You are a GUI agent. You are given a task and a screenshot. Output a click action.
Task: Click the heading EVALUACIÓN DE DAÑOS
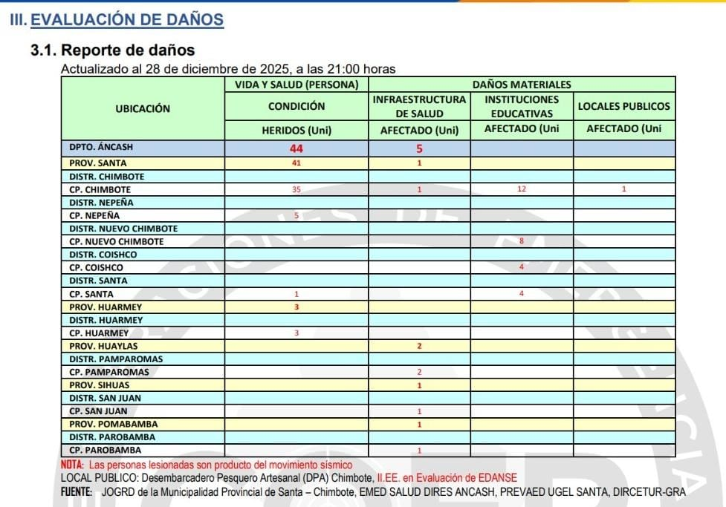[127, 20]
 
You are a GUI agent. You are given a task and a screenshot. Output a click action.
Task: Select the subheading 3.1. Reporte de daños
[112, 50]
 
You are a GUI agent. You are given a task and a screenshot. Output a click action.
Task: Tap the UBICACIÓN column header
[143, 108]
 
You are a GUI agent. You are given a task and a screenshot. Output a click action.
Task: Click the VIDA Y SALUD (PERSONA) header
[296, 85]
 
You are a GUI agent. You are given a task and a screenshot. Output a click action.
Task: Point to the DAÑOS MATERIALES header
[522, 85]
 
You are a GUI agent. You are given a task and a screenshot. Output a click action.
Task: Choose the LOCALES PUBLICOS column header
[623, 106]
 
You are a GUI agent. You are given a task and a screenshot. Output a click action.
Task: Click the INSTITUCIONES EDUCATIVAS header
[522, 106]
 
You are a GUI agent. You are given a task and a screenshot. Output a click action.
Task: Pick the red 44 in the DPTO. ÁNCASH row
[296, 148]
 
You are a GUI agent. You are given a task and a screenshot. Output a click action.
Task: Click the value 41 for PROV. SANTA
[296, 163]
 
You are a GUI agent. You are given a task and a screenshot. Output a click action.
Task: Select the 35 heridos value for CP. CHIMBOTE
[296, 189]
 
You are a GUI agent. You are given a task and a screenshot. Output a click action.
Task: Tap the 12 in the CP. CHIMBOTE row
[522, 189]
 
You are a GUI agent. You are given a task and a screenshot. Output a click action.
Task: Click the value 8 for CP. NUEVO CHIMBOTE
[522, 241]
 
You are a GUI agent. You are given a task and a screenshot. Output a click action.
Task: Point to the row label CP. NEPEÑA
[94, 215]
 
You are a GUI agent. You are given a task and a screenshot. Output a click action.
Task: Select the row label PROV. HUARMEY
[106, 307]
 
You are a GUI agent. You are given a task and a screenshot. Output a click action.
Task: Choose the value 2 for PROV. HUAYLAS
[419, 346]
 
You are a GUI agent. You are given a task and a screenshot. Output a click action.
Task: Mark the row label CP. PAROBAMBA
[105, 450]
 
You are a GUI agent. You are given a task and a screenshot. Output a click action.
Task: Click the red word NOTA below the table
[72, 465]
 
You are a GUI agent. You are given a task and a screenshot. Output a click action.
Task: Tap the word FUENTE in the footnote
[76, 491]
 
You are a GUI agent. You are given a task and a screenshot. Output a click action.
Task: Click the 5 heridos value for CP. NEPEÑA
[296, 215]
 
